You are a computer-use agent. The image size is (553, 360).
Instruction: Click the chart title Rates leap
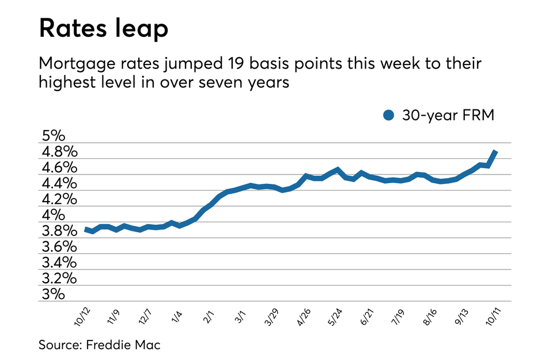pos(104,29)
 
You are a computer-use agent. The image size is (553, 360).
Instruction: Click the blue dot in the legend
pos(389,115)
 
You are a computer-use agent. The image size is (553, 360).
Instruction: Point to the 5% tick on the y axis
pos(54,137)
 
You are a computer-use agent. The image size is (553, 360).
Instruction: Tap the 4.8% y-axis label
pos(59,153)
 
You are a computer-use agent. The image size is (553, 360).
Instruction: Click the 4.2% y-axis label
pos(59,200)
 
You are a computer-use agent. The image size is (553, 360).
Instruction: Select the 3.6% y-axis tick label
pos(59,247)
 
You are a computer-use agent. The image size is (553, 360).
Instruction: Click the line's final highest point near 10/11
pos(495,151)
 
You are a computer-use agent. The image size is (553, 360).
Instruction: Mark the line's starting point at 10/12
pos(86,229)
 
